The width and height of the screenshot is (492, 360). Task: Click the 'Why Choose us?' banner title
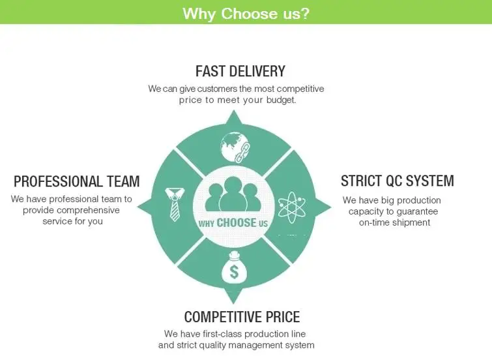(x=246, y=13)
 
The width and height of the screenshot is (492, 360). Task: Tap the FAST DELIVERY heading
(x=240, y=70)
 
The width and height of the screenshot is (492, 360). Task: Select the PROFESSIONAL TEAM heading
(x=76, y=181)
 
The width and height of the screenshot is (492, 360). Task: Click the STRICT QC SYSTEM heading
(x=397, y=181)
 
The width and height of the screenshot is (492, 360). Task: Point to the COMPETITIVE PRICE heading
(x=242, y=317)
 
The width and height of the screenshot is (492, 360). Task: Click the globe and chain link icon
(x=233, y=147)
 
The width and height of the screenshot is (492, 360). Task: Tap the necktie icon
(x=173, y=203)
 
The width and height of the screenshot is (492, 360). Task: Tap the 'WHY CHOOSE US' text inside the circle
(x=233, y=223)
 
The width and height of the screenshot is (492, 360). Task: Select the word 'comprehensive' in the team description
(x=88, y=210)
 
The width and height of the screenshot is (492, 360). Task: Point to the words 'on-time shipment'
(x=394, y=222)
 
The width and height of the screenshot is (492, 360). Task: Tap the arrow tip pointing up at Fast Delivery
(x=233, y=112)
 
